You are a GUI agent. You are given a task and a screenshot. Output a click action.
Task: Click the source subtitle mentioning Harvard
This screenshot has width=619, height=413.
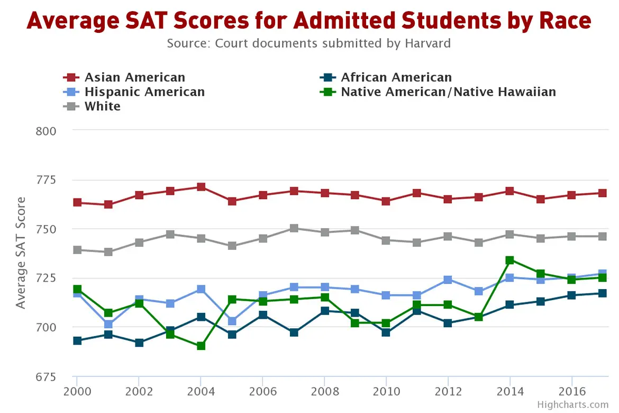click(x=309, y=43)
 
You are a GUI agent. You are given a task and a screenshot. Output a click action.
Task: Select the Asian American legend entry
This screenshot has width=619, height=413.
click(x=134, y=78)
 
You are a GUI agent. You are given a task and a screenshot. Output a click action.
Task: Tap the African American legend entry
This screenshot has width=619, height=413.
click(x=396, y=78)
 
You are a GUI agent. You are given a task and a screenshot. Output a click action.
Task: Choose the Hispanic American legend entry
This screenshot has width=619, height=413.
click(x=144, y=92)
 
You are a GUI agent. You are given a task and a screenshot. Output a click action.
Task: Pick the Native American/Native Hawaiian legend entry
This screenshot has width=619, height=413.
click(x=448, y=92)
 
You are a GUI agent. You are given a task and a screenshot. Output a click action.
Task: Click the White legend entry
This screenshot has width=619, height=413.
click(x=102, y=106)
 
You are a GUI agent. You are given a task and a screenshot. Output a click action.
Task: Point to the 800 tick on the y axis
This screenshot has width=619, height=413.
click(x=46, y=131)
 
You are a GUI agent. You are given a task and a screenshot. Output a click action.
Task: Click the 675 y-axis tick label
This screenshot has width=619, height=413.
click(x=46, y=376)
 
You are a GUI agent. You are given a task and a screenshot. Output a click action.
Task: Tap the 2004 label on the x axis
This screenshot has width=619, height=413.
click(x=201, y=392)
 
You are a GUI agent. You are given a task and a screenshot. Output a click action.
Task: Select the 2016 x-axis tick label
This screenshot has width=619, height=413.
click(x=571, y=392)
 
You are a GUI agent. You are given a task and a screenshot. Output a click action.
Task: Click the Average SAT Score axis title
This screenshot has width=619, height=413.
click(x=20, y=253)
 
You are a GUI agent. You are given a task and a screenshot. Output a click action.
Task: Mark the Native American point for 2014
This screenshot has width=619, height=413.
click(x=509, y=260)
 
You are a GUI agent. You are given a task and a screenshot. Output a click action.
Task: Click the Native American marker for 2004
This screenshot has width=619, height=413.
click(x=201, y=346)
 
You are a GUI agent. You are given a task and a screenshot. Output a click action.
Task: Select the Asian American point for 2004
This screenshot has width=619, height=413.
click(x=201, y=187)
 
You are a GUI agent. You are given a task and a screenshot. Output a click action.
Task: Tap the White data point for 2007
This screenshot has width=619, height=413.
click(x=294, y=228)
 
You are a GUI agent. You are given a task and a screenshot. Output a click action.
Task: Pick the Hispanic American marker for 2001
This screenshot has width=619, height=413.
click(x=108, y=324)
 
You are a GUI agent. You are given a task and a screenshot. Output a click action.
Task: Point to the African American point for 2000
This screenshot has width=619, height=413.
click(x=77, y=340)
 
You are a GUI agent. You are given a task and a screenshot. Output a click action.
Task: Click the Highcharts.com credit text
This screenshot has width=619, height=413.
click(x=572, y=405)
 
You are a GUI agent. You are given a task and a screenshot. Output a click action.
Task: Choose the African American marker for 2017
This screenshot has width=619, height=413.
click(x=602, y=293)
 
